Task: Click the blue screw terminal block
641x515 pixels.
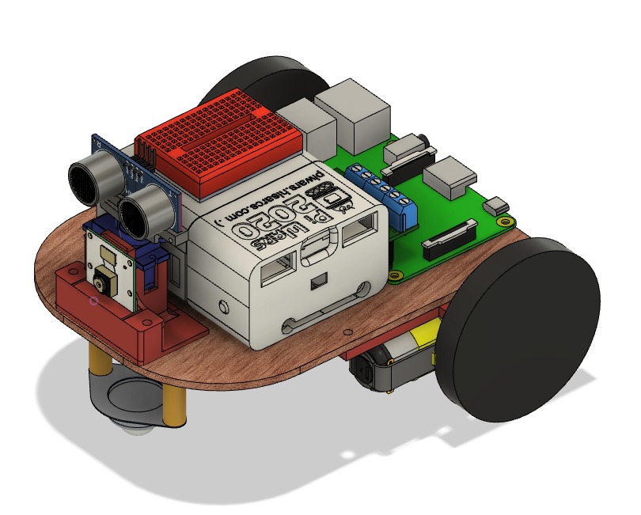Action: pos(385,194)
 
